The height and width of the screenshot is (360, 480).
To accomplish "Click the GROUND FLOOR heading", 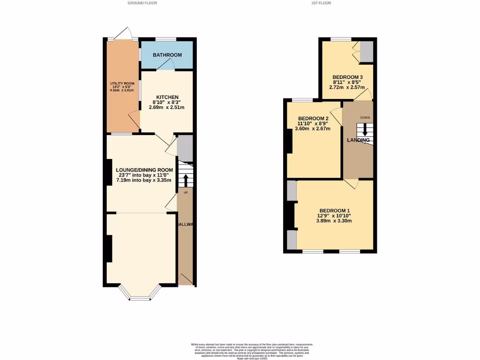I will click(x=142, y=3).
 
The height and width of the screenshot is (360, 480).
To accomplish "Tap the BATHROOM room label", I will click(x=167, y=55).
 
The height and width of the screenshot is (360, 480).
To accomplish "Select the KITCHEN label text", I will click(x=167, y=97).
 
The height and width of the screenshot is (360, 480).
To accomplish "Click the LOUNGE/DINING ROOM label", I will click(x=144, y=170).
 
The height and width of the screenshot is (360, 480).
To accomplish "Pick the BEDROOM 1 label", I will click(x=335, y=210).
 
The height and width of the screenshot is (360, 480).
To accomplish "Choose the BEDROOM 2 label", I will click(x=314, y=118).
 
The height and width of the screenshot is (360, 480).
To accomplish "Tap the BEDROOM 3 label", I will click(x=347, y=77).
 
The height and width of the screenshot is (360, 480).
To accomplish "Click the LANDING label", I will click(x=358, y=140).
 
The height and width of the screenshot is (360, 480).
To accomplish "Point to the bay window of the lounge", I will click(x=139, y=295).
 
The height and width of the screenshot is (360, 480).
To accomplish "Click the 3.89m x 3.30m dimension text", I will click(x=335, y=221).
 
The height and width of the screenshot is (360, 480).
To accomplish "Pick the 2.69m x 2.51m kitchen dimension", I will click(x=167, y=107).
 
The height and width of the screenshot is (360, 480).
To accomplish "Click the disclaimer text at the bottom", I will click(x=252, y=350).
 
